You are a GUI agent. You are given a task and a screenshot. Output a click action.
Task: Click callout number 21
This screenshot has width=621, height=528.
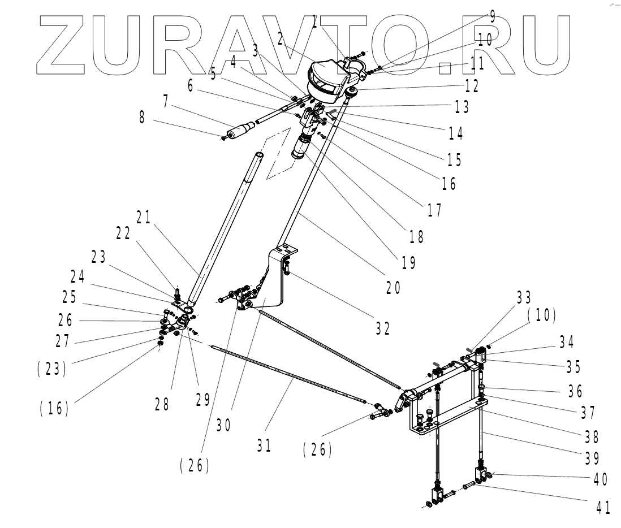click(x=144, y=218)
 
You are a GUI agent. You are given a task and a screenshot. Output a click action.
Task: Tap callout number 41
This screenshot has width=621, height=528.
click(x=603, y=508)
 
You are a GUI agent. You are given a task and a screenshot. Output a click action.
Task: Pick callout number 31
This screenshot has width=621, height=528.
click(x=264, y=445)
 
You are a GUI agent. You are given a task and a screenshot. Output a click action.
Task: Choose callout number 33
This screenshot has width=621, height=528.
click(x=524, y=297)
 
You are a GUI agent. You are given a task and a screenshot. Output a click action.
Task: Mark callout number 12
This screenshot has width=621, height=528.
click(x=472, y=86)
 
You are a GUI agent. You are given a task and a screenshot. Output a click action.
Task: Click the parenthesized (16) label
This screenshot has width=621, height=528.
click(x=54, y=408)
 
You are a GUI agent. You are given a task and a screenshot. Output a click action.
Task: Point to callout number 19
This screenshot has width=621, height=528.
click(x=408, y=262)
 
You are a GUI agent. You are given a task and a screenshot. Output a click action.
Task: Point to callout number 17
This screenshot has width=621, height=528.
click(x=434, y=210)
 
